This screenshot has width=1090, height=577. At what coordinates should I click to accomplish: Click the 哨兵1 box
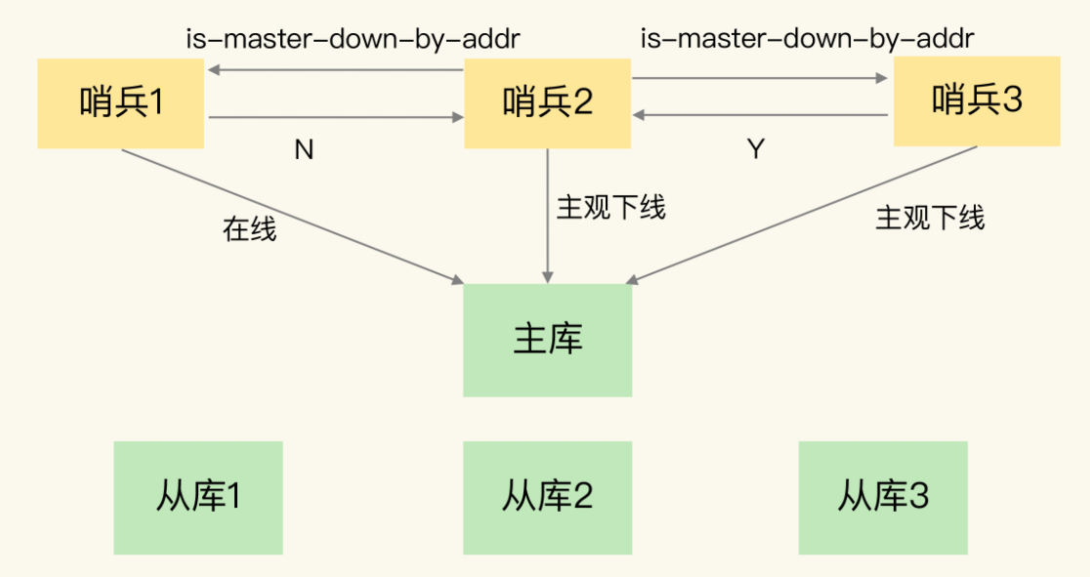(x=120, y=103)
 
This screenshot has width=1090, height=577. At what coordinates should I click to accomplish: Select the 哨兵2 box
(x=547, y=103)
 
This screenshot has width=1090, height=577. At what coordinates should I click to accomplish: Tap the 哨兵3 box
(x=977, y=102)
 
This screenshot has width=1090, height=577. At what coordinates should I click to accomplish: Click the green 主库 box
(x=548, y=340)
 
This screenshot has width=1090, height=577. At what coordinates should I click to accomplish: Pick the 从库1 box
(x=198, y=498)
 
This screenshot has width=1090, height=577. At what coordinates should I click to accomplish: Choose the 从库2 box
(x=548, y=498)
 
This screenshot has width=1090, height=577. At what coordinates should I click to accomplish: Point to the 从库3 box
(x=883, y=498)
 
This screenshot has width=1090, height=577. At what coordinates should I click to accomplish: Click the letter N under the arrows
(x=304, y=149)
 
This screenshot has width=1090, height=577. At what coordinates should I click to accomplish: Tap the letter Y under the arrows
(x=756, y=148)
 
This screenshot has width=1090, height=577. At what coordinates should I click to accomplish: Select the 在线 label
(x=250, y=228)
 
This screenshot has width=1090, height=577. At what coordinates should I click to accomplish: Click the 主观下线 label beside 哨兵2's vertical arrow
(x=611, y=207)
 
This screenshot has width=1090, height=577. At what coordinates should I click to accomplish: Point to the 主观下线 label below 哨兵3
(x=930, y=218)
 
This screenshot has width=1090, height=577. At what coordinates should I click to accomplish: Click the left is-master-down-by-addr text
(x=353, y=39)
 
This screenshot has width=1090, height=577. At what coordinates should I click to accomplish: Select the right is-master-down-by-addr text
(x=807, y=38)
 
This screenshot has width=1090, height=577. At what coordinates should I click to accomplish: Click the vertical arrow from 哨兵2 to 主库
(x=548, y=216)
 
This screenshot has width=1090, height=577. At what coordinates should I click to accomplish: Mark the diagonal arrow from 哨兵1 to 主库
(x=293, y=216)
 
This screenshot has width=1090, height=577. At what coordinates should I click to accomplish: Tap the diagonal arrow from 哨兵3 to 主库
(x=802, y=215)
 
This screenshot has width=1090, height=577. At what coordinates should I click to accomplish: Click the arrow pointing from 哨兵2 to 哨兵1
(x=336, y=69)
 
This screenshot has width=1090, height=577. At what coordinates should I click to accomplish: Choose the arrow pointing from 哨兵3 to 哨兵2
(x=761, y=114)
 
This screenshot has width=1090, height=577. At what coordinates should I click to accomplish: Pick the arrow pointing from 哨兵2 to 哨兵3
(x=760, y=78)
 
